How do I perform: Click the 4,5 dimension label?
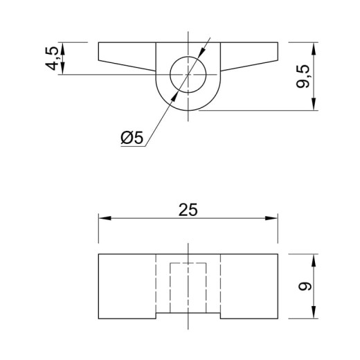[52, 58]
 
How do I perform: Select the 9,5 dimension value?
[303, 76]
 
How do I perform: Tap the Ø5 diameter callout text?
[132, 138]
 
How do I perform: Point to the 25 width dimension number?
[188, 210]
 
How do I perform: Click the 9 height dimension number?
[305, 287]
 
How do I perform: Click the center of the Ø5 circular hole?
[188, 74]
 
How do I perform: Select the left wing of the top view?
[127, 56]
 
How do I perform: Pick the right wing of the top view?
[249, 56]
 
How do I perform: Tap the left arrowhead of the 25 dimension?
[105, 218]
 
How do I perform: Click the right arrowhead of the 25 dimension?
[271, 218]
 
